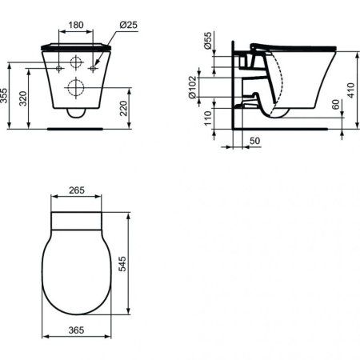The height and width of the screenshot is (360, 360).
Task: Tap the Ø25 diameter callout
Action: (128, 24)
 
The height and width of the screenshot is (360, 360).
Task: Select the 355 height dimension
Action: (6, 96)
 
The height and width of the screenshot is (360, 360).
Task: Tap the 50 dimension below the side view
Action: (254, 141)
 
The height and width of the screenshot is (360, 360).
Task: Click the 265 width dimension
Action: (76, 192)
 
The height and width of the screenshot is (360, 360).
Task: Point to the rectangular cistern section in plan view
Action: (76, 221)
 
